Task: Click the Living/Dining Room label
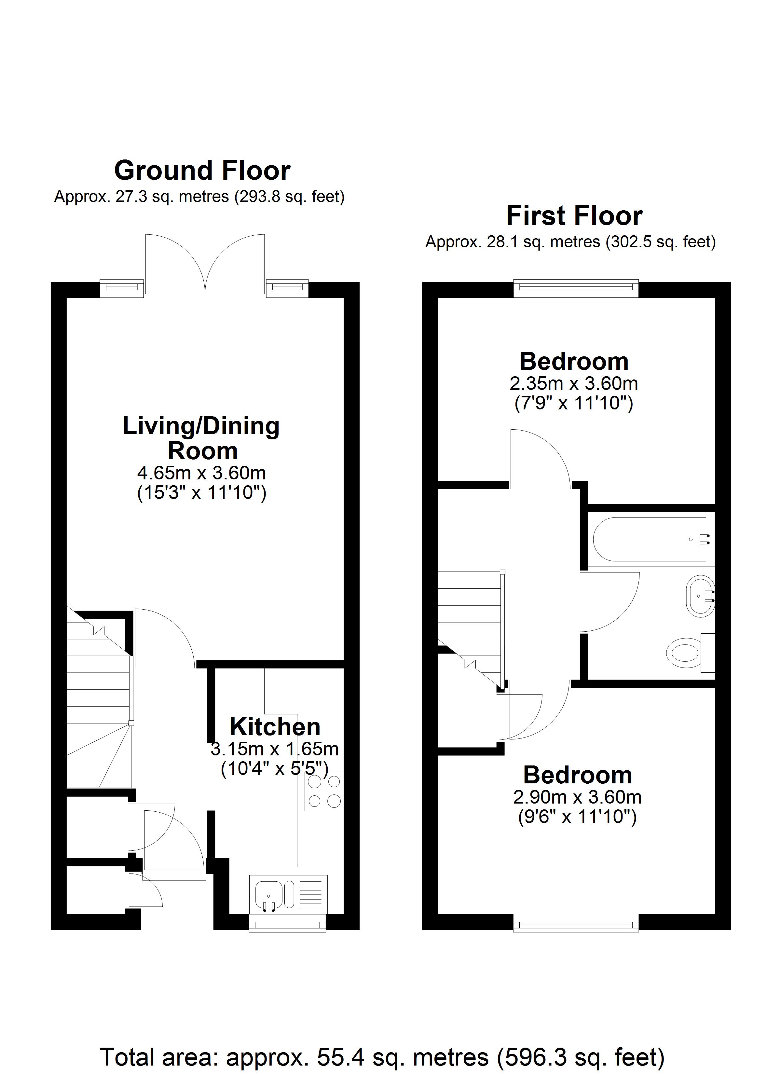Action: tap(201, 438)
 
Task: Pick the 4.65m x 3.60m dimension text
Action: tap(201, 473)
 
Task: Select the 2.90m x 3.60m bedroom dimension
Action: tap(577, 797)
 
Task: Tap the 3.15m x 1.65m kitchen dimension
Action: tap(275, 749)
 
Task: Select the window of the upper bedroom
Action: tap(576, 289)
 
